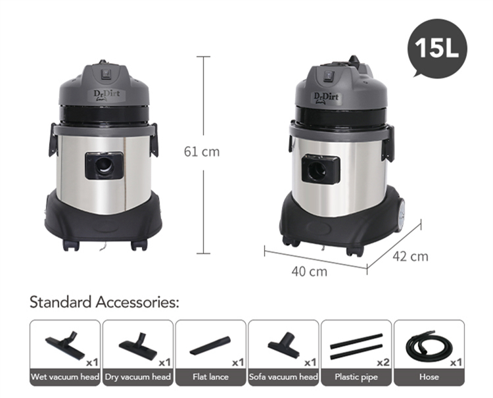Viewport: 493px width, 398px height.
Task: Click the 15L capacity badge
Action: [x=437, y=48]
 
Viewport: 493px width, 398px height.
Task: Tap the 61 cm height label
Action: [x=202, y=152]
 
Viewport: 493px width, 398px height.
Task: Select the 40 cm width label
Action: [x=309, y=272]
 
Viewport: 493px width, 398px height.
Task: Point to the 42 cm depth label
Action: [x=410, y=257]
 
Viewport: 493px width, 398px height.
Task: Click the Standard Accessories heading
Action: [x=104, y=302]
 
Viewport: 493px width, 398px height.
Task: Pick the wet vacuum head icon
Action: [x=65, y=344]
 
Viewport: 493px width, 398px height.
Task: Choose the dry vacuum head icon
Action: [x=138, y=345]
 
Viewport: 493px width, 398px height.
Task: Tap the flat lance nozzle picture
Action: [x=210, y=345]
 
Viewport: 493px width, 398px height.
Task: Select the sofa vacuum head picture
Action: [x=283, y=345]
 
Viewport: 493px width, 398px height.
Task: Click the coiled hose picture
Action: [x=429, y=345]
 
